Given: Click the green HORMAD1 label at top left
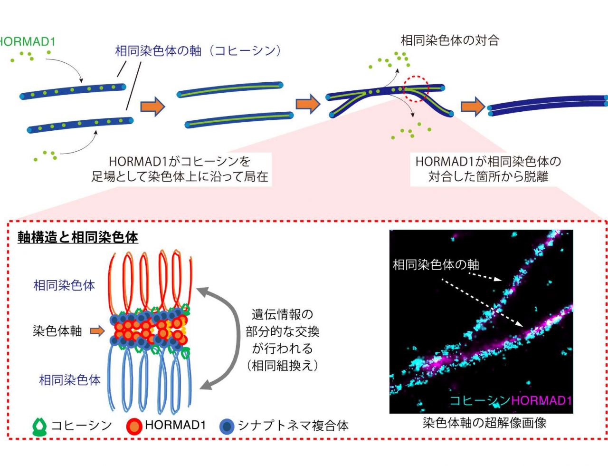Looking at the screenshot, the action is [x=27, y=42].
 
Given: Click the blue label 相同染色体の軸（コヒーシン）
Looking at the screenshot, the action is [x=199, y=51].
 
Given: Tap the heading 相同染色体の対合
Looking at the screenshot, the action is [x=450, y=40].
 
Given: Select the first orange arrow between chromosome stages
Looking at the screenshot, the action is [x=153, y=107].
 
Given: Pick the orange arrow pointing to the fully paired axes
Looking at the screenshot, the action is [x=473, y=107].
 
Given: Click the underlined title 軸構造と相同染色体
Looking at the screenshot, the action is [x=78, y=237].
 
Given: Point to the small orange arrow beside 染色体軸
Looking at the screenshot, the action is [x=97, y=331].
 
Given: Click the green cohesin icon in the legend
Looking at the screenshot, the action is [x=39, y=427].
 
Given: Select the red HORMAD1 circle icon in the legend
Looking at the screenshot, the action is [x=134, y=426].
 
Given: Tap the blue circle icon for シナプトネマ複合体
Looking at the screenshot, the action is [x=227, y=426].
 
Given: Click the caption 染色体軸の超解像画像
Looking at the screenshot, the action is [x=484, y=423].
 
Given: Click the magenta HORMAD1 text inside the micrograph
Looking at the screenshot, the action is [x=541, y=401].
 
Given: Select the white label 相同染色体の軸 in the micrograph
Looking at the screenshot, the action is [x=436, y=265].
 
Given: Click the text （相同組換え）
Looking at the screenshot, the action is [x=282, y=366].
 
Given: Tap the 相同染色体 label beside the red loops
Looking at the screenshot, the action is [x=64, y=285].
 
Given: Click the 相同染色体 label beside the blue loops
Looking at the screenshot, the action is [x=70, y=380].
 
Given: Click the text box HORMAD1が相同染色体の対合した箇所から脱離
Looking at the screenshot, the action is [x=488, y=169].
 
